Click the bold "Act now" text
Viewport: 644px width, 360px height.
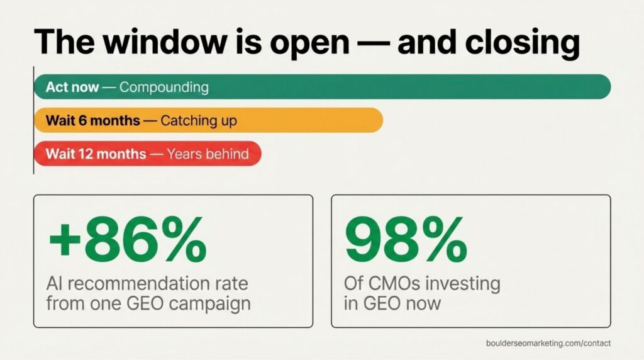[72, 87]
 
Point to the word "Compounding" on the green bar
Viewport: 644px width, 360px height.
[164, 87]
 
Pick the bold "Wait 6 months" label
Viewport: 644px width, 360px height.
[92, 120]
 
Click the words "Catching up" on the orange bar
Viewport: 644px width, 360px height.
[199, 120]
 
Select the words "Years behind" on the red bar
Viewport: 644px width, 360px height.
[208, 154]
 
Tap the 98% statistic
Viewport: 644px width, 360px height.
[406, 240]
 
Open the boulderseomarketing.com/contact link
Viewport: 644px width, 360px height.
[548, 343]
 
